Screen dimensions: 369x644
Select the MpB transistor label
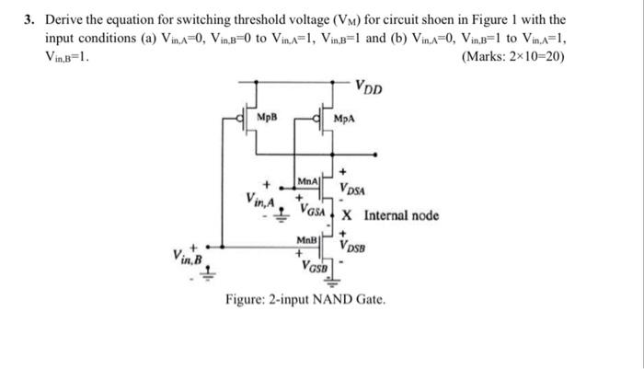[x=266, y=118]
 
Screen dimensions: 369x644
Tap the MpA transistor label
[x=344, y=119]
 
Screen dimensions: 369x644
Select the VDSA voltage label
[x=353, y=190]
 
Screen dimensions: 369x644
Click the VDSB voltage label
[x=353, y=247]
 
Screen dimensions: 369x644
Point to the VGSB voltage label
[x=315, y=267]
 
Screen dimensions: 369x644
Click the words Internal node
[x=402, y=216]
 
